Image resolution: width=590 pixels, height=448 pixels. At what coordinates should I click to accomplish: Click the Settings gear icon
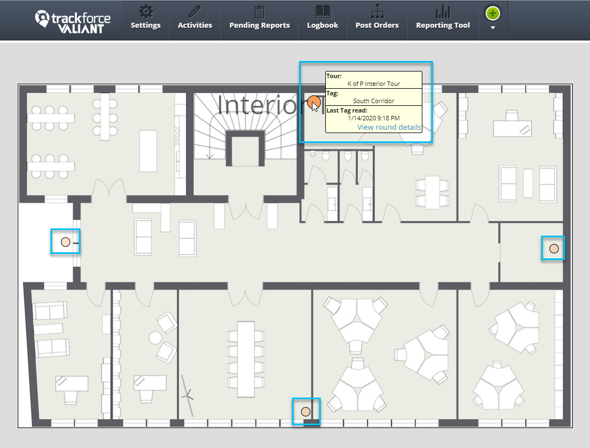[145, 12]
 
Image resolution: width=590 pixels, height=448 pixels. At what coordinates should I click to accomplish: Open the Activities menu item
[195, 25]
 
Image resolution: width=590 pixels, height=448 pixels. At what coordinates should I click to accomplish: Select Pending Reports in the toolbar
[259, 25]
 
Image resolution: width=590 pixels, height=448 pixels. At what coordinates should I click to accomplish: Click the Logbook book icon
[322, 12]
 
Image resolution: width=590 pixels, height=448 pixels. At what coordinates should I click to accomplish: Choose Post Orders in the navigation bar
[377, 25]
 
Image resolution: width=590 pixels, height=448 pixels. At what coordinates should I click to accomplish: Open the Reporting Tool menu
[442, 25]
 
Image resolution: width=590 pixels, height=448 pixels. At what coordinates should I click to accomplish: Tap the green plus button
[492, 13]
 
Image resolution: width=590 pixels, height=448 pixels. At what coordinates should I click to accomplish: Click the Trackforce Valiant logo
[73, 21]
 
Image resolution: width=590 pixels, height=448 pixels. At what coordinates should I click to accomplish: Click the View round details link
[389, 127]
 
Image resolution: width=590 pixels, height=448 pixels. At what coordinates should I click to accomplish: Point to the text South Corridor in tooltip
[374, 101]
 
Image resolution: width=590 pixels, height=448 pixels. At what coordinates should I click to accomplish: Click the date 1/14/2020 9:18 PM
[374, 118]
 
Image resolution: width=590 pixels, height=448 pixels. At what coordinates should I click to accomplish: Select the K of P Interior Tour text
[374, 84]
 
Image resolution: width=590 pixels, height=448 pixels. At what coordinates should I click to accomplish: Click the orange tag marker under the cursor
[314, 102]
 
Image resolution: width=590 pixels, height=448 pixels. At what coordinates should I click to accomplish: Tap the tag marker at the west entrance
[65, 242]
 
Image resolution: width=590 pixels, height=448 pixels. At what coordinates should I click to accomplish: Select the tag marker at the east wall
[553, 248]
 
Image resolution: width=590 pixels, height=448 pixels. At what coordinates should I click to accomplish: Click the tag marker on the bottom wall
[305, 411]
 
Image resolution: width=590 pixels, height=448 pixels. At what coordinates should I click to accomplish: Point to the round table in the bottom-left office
[155, 337]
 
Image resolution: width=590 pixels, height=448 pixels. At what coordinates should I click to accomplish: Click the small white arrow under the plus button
[492, 28]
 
